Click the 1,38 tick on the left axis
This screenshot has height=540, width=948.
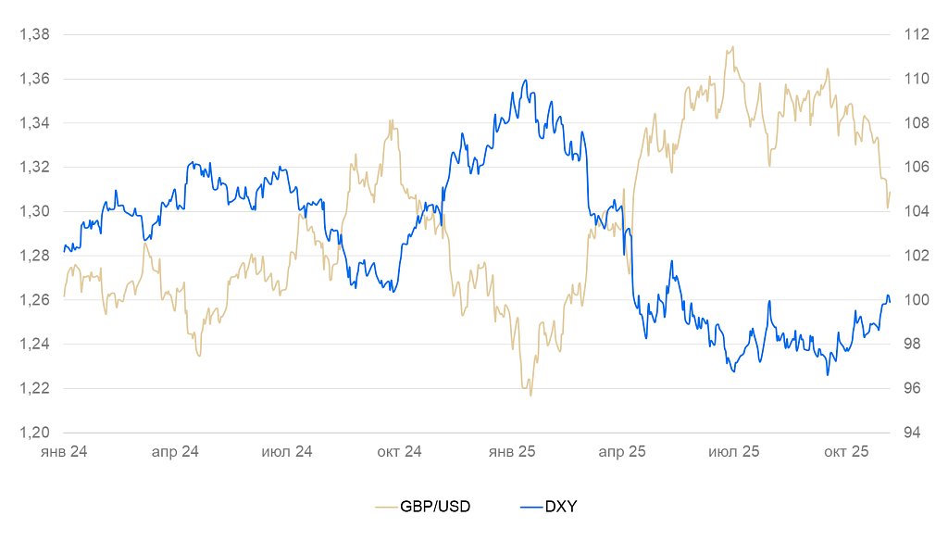34,35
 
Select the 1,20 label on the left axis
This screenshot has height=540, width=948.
34,433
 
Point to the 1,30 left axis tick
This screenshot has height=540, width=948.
34,212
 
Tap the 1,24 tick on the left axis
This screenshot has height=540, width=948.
34,345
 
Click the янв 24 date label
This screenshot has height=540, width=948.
64,452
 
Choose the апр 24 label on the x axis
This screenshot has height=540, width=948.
176,452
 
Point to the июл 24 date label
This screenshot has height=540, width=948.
287,452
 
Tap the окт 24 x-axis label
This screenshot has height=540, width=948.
399,452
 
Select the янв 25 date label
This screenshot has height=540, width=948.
512,452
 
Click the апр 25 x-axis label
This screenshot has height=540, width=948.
622,452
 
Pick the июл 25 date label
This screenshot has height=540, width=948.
733,452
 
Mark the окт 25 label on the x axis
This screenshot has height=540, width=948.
846,452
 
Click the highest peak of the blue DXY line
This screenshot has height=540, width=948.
525,81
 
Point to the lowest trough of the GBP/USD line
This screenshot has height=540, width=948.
530,396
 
